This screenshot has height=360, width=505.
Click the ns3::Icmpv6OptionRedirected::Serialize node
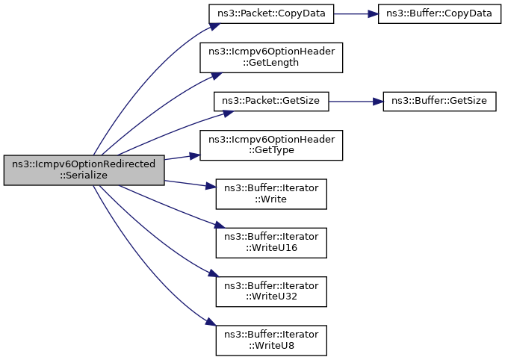click(x=84, y=170)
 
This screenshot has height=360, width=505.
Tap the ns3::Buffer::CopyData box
click(x=438, y=16)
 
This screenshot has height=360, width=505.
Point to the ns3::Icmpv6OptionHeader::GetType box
click(x=271, y=143)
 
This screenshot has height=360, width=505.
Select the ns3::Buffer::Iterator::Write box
click(x=271, y=193)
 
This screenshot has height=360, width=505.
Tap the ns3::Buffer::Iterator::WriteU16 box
click(x=271, y=242)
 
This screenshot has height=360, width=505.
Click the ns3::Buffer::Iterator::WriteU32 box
click(x=271, y=291)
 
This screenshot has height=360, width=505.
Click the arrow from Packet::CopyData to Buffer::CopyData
click(x=358, y=16)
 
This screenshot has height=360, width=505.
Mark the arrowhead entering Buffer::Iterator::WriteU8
click(x=211, y=323)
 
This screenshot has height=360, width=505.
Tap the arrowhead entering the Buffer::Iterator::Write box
click(x=211, y=188)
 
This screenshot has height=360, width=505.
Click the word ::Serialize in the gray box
click(x=84, y=176)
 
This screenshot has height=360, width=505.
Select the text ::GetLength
click(x=271, y=63)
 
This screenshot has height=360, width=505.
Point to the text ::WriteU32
click(x=271, y=296)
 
